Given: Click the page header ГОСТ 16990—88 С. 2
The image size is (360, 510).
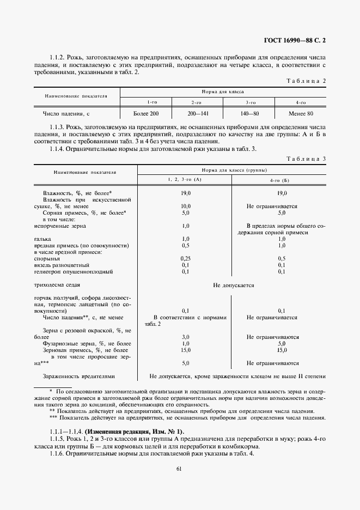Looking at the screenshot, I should click(295, 40).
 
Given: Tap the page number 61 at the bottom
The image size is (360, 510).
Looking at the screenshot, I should click(179, 470).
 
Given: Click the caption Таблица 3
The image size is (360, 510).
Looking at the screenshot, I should click(306, 158).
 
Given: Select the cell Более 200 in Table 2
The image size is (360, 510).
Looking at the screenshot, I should click(145, 113).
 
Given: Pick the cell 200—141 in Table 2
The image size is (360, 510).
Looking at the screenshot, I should click(197, 113).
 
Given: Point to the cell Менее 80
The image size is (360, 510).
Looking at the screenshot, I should click(302, 113).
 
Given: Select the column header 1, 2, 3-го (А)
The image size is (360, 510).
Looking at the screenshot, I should click(185, 180).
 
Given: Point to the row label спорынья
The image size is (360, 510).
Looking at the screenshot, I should click(47, 258).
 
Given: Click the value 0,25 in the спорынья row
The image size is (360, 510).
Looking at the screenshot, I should click(185, 258).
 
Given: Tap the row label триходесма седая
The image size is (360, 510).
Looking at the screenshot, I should click(57, 284).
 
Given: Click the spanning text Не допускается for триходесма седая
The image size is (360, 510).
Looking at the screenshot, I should click(233, 284).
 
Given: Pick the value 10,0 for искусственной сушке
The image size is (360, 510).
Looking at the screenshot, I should click(185, 206).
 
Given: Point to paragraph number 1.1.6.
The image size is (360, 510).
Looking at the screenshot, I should click(57, 454).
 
